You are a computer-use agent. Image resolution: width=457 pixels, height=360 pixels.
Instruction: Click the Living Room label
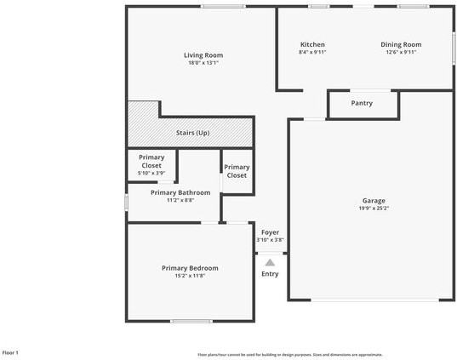click(x=203, y=55)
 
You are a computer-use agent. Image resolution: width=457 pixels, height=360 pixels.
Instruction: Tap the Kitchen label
click(x=312, y=44)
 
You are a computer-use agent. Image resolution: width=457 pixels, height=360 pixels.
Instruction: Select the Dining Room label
click(x=399, y=44)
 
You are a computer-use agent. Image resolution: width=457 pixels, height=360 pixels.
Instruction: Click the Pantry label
click(x=362, y=103)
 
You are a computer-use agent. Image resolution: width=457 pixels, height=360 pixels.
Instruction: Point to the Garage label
click(x=374, y=201)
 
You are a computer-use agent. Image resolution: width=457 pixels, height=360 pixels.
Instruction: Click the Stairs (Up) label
click(x=192, y=133)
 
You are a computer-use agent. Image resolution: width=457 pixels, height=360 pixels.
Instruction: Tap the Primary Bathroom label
click(x=180, y=192)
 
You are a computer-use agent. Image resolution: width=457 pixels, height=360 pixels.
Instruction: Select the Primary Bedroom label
click(x=190, y=268)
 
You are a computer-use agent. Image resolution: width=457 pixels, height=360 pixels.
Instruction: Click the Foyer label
click(x=270, y=231)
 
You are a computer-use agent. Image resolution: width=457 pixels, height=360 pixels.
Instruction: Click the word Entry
click(x=270, y=274)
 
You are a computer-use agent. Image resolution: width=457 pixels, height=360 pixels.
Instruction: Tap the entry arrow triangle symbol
click(x=270, y=262)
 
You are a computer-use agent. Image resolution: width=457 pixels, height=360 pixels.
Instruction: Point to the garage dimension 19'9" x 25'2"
click(x=374, y=208)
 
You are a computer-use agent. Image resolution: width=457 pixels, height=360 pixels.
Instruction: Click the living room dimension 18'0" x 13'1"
click(x=203, y=63)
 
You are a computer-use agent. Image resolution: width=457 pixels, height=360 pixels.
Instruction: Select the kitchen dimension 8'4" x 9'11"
click(x=312, y=52)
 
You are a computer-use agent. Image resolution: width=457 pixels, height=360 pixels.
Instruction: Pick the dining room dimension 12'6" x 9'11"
click(x=399, y=52)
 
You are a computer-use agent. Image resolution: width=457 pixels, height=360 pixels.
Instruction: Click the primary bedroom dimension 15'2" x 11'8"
click(x=190, y=276)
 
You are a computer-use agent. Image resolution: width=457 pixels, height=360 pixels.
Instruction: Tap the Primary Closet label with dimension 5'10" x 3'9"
click(x=151, y=162)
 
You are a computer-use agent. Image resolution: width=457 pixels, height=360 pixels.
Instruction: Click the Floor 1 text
click(x=11, y=352)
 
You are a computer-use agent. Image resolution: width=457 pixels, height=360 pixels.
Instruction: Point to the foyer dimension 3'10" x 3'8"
click(x=270, y=240)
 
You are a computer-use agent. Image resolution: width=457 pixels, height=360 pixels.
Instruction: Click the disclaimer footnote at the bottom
click(x=289, y=354)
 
